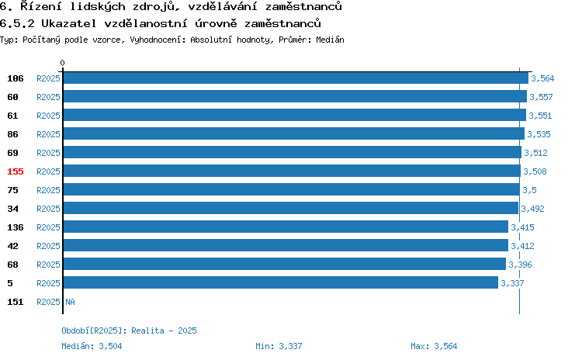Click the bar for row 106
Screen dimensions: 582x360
pos(296,78)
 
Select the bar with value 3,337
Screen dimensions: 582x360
pos(281,282)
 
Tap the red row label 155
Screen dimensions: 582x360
pos(16,171)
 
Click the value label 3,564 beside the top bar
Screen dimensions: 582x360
pos(542,78)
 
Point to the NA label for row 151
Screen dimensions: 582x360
pos(70,302)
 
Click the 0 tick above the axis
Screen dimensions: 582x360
pos(62,63)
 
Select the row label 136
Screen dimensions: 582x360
pos(16,227)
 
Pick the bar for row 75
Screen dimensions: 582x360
pos(291,189)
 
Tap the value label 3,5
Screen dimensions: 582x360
pos(529,190)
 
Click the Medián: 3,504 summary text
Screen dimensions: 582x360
pos(92,346)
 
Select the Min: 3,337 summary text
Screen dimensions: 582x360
pos(279,346)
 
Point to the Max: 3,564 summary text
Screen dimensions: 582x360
pos(434,346)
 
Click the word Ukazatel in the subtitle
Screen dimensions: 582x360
pos(68,23)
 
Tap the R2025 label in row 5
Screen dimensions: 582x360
pos(48,283)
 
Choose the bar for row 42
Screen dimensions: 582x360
pos(286,245)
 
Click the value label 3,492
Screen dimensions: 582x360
pos(532,209)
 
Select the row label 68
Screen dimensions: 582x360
pos(12,265)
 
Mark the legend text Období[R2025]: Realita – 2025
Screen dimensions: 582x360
pos(129,331)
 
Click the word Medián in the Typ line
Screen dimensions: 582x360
pos(330,40)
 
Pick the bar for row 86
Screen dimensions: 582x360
pos(294,133)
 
